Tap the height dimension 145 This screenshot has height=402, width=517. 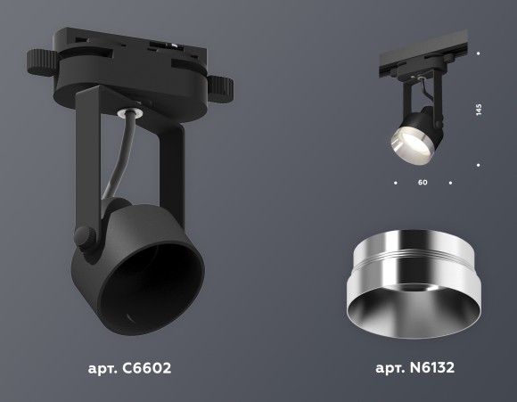[x=479, y=110]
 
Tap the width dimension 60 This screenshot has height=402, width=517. [x=423, y=183]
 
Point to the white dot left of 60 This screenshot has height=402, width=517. [x=394, y=183]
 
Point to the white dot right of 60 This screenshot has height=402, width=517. [x=451, y=183]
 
